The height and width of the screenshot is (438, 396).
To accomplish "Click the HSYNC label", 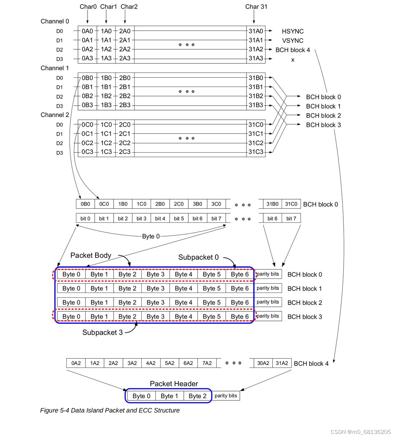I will [x=293, y=31].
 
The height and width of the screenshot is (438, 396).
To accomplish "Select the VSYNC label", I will [x=293, y=41].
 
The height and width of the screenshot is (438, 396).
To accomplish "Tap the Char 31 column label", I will [x=256, y=7].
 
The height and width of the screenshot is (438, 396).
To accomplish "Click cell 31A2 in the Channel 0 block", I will [x=256, y=49].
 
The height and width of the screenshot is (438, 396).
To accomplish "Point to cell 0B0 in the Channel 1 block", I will [x=87, y=78].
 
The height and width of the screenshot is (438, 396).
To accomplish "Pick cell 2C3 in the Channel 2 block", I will [x=125, y=152].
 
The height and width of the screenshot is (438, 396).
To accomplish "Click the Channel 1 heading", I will [x=55, y=68].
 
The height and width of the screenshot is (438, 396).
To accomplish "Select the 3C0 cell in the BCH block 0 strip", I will [x=216, y=204].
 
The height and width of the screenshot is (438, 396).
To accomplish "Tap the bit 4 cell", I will [x=160, y=218].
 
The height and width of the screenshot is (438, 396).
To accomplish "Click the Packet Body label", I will [x=91, y=256].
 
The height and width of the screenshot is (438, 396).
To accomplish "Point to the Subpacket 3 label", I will [x=102, y=333].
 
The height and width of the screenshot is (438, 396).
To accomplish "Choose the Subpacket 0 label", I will [x=198, y=257].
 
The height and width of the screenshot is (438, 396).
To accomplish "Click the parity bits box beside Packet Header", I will [x=226, y=396].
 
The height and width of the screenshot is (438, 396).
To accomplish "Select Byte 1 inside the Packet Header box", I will [x=169, y=396].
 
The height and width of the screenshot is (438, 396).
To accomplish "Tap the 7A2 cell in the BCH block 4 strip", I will [x=207, y=363].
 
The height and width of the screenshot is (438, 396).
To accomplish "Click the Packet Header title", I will [x=174, y=384].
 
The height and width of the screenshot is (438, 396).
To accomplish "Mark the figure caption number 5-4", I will [x=65, y=410].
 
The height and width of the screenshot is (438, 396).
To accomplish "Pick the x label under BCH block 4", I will [x=293, y=60].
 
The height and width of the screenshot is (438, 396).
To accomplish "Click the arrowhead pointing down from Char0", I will [x=87, y=22].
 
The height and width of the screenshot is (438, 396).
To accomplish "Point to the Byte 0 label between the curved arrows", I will [x=151, y=236].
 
